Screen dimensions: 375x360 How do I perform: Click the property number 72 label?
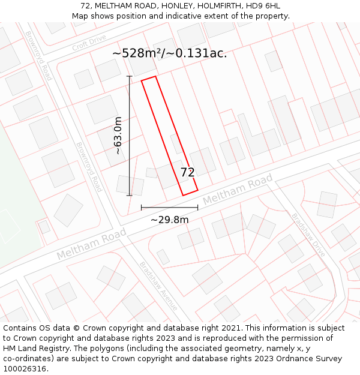[188, 173]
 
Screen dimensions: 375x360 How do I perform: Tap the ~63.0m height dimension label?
[118, 136]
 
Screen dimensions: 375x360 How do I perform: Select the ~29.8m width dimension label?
[169, 220]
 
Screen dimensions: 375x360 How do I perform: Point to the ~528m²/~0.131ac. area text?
[170, 53]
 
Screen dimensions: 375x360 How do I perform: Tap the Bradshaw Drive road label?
[308, 235]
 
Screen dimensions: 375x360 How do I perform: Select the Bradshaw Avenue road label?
[158, 286]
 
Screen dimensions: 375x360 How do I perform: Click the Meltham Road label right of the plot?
[238, 190]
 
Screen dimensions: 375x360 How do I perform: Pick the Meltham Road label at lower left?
[91, 244]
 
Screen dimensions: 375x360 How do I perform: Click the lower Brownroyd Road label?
[89, 167]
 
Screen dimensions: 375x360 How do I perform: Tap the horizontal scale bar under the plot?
[169, 208]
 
